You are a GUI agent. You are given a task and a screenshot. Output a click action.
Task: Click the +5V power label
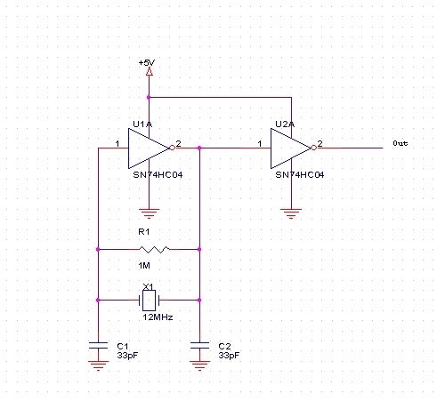coord(147,63)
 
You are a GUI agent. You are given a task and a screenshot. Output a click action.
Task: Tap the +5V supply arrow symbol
coord(150,72)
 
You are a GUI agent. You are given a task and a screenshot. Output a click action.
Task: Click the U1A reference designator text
coord(142,124)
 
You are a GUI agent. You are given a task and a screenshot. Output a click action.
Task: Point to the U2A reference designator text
coord(285,124)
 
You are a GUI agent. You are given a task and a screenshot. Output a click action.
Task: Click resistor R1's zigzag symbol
coord(154,250)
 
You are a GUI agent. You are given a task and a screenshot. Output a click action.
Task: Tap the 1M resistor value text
coord(144,266)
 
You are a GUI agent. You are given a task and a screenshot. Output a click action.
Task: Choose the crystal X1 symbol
coord(149,301)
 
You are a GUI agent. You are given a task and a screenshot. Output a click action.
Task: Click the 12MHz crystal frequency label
coord(158,317)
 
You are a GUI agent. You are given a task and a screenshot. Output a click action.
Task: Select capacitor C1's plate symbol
coord(98,345)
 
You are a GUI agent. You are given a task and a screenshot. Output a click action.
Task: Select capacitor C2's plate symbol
coord(199,345)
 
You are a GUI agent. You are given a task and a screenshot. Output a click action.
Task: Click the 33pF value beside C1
coord(127,355)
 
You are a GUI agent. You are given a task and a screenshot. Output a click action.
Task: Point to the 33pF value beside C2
coord(229,355)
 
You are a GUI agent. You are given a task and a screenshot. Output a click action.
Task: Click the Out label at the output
coord(401,143)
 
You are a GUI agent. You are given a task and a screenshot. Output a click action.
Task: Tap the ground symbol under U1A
coord(149,213)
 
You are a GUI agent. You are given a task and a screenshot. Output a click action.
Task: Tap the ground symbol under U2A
coord(291,213)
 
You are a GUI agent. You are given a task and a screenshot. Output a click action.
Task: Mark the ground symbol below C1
coord(98,365)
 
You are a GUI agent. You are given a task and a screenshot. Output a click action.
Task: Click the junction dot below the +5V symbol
coord(149,97)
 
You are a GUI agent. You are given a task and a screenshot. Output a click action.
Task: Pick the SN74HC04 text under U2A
coord(300,175)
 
